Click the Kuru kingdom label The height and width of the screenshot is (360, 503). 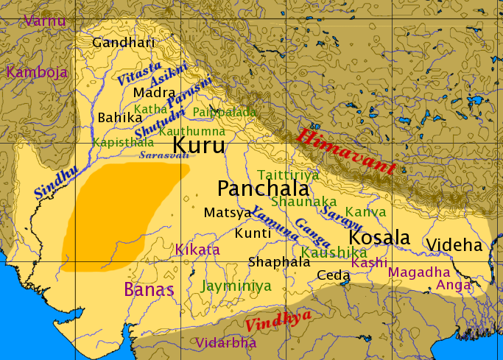(x=199, y=144)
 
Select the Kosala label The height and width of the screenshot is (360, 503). (x=379, y=239)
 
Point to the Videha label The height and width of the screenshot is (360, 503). (x=454, y=245)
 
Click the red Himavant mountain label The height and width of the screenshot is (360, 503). (x=346, y=152)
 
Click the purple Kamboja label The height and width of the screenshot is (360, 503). (x=37, y=72)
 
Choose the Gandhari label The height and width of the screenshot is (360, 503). (x=124, y=42)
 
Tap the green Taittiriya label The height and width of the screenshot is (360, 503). (x=288, y=174)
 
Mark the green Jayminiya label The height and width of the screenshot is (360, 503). (x=236, y=286)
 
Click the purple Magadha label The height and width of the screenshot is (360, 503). (x=418, y=272)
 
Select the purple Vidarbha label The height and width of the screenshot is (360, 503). (x=226, y=342)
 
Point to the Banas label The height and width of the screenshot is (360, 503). (x=150, y=289)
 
